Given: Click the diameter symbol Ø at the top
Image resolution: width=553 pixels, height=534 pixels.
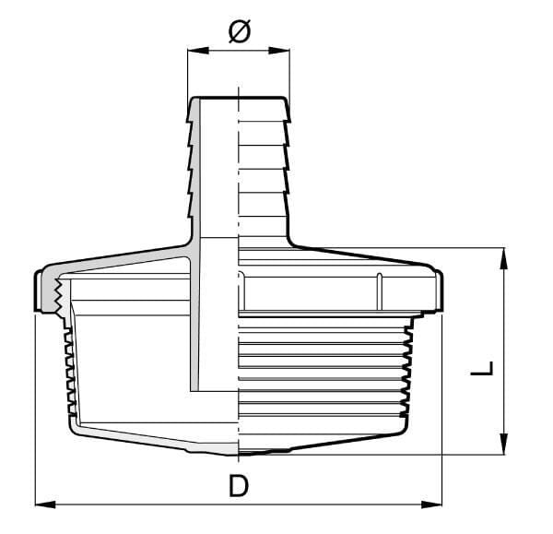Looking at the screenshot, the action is click(240, 31).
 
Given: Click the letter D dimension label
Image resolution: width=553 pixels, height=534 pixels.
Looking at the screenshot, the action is click(239, 486).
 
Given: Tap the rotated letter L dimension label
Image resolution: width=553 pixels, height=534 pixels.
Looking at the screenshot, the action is click(482, 368).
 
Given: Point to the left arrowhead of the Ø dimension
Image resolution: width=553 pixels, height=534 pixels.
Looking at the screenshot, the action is click(198, 51).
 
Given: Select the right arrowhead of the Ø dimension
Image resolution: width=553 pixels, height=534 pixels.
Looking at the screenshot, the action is click(279, 51).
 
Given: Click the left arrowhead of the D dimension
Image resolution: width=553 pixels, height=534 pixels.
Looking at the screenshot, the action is click(45, 504).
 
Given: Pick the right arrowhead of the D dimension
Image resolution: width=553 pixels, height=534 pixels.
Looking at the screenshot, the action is click(431, 504).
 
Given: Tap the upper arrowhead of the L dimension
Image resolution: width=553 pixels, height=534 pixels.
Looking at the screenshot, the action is click(504, 258).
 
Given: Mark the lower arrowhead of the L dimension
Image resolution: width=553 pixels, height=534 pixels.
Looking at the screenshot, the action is click(504, 444).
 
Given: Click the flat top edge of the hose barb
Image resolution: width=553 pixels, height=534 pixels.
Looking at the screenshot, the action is click(239, 97).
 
